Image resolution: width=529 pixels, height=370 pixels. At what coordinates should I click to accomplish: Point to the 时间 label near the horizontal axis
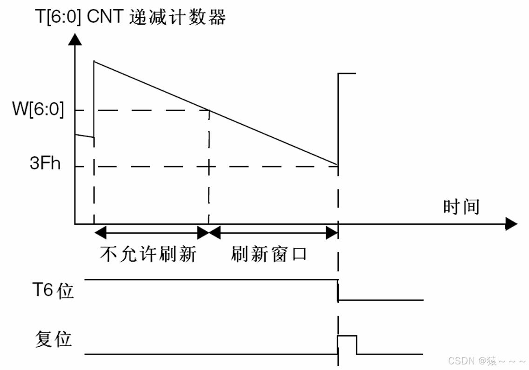pyautogui.click(x=461, y=206)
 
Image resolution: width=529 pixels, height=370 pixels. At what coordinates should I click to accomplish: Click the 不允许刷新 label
pyautogui.click(x=148, y=254)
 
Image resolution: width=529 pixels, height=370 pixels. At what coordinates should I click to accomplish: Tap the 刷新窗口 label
pyautogui.click(x=269, y=254)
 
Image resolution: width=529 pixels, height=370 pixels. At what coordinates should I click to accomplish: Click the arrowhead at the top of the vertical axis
pyautogui.click(x=74, y=39)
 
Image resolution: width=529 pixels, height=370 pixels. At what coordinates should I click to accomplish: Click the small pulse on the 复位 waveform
pyautogui.click(x=347, y=344)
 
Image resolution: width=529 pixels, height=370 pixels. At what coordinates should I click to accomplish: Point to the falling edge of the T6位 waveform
pyautogui.click(x=338, y=290)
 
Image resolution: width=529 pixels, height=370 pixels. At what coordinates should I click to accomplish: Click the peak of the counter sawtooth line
pyautogui.click(x=94, y=61)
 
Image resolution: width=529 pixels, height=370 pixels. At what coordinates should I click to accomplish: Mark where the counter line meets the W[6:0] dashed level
pyautogui.click(x=209, y=110)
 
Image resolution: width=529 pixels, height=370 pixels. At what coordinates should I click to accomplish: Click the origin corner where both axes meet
pyautogui.click(x=75, y=224)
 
